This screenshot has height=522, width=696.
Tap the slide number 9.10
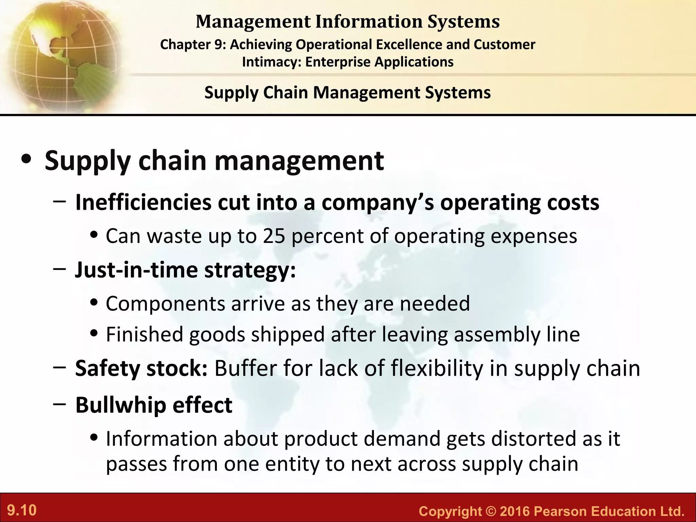22,510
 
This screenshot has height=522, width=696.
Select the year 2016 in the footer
515,511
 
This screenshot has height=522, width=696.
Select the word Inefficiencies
143,203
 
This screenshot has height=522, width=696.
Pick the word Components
166,303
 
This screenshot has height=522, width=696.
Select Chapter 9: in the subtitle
193,45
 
